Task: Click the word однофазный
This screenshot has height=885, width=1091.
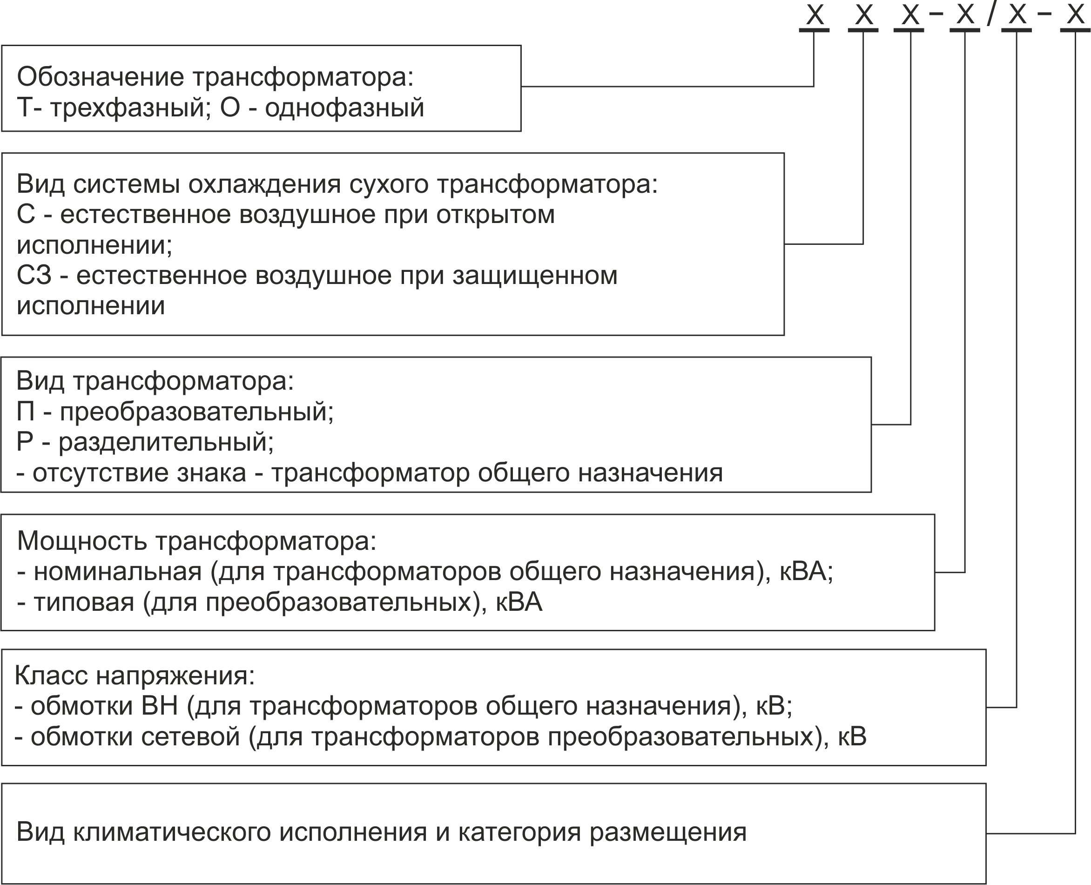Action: click(x=344, y=108)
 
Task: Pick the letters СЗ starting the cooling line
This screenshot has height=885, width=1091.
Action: click(x=34, y=275)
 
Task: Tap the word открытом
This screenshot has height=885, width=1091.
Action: click(x=495, y=215)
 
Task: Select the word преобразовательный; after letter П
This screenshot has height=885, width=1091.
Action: click(x=197, y=412)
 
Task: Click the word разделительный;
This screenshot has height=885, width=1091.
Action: click(x=166, y=442)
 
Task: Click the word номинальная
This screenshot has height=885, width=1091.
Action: click(x=118, y=572)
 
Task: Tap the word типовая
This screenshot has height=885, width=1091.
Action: click(x=84, y=603)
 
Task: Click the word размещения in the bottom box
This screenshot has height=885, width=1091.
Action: click(x=668, y=833)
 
